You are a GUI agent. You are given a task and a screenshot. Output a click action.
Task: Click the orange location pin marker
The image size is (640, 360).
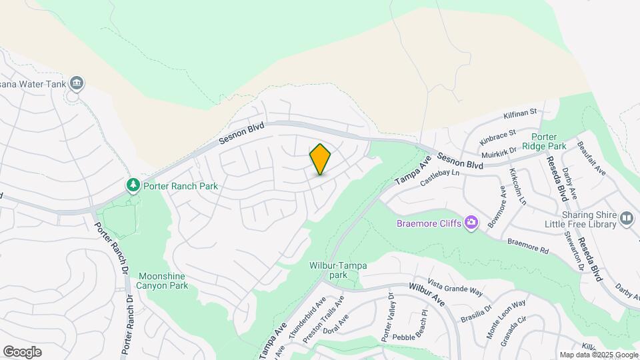coord(320,159)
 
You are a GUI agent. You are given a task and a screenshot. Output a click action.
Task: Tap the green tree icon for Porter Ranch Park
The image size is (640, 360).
coord(134,185)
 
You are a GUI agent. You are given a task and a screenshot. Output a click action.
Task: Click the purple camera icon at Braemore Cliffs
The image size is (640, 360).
coord(471,222)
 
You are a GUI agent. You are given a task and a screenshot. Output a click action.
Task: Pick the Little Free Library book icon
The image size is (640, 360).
coord(627,218)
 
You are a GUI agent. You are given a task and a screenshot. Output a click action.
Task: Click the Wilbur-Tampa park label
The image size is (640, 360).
coord(338,269)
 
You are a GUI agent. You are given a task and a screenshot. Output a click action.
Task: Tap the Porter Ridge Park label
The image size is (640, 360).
coord(544,141)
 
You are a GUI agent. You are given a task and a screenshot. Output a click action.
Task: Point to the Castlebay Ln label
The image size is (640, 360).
coord(441,178)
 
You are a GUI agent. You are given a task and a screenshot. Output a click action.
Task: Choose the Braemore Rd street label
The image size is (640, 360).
coord(527,246)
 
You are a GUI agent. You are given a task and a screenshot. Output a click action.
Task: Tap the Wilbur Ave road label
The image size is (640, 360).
coord(427,295)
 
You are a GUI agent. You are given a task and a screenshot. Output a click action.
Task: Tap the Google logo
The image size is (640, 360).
coord(22,352)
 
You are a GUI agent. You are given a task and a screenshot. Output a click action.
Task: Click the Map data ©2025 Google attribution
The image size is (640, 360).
coord(599,355)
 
